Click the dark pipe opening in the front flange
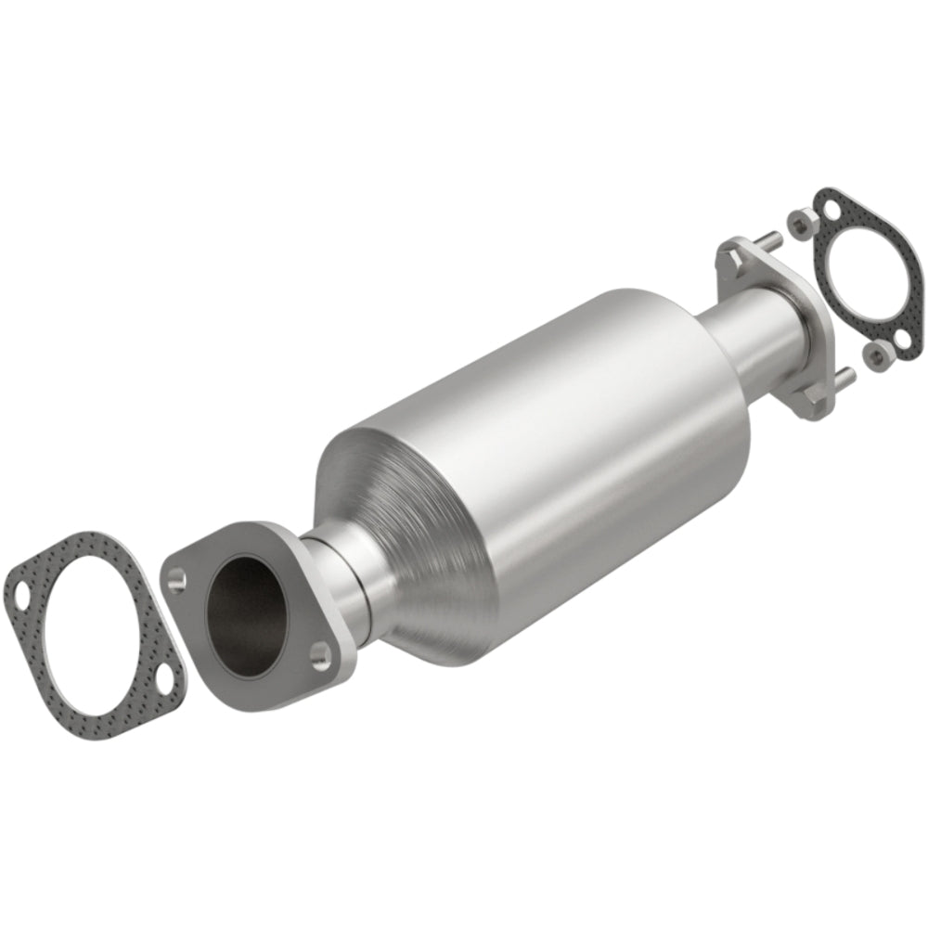[249, 609]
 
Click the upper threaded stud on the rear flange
[766, 241]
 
